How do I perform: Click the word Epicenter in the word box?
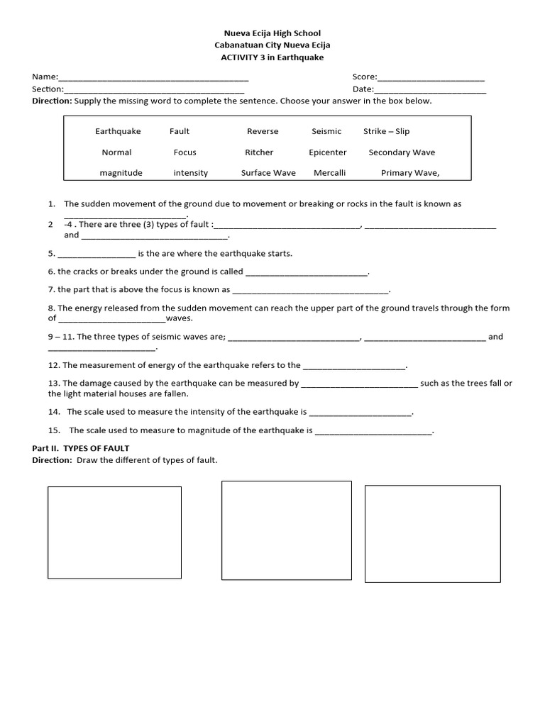pyautogui.click(x=327, y=152)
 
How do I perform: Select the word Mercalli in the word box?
pyautogui.click(x=327, y=173)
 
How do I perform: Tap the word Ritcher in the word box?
pyautogui.click(x=259, y=152)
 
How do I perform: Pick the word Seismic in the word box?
pyautogui.click(x=326, y=131)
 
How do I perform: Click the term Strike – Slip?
pyautogui.click(x=386, y=131)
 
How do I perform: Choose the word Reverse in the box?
pyautogui.click(x=263, y=131)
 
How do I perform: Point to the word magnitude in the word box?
pyautogui.click(x=121, y=173)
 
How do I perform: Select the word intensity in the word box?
pyautogui.click(x=191, y=173)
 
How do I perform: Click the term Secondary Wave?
pyautogui.click(x=402, y=152)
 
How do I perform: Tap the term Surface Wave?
pyautogui.click(x=268, y=173)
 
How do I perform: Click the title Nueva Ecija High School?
pyautogui.click(x=272, y=33)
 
